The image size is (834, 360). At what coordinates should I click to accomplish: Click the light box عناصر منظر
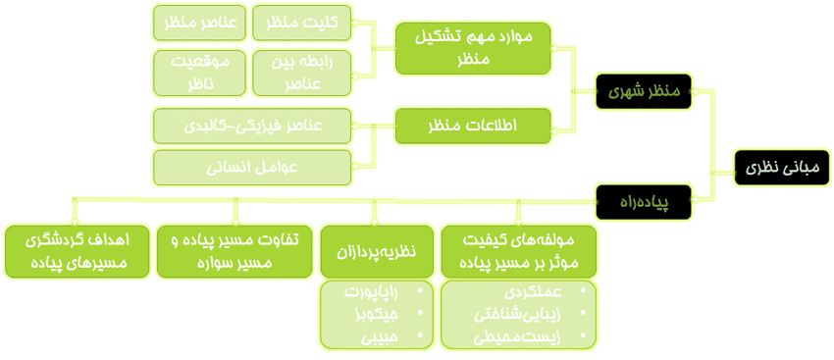coord(200,23)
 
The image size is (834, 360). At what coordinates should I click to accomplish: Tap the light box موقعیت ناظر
coord(200,72)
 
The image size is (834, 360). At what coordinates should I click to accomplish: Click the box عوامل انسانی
coord(253,168)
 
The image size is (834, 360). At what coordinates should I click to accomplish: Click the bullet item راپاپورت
coord(378,291)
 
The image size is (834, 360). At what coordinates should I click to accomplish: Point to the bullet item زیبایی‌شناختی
coord(517,315)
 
